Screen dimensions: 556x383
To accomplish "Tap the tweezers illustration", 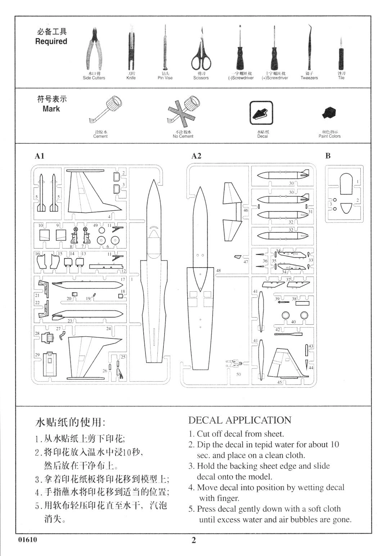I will tap(309, 47).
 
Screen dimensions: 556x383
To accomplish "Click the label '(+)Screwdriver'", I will tap(275, 78).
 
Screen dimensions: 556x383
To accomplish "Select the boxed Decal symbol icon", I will tap(261, 113).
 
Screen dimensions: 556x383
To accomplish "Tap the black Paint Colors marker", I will tap(329, 113).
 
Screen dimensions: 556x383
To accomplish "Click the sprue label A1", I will tap(39, 156).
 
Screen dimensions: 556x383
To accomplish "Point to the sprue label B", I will tap(328, 156).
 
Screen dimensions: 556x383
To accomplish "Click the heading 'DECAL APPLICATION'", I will tap(240, 420).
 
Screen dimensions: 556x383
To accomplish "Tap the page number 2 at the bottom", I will tap(194, 540).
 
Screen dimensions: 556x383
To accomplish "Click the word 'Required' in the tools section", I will tap(51, 41).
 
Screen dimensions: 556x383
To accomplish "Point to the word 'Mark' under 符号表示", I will tap(51, 109).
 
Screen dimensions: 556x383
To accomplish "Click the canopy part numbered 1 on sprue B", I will tap(346, 183).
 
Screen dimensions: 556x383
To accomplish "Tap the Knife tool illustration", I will tap(131, 49).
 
